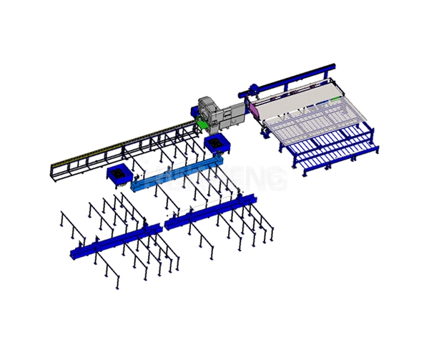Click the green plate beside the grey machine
[x=204, y=123]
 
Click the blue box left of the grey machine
[x=194, y=111]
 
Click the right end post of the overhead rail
[x=332, y=67]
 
